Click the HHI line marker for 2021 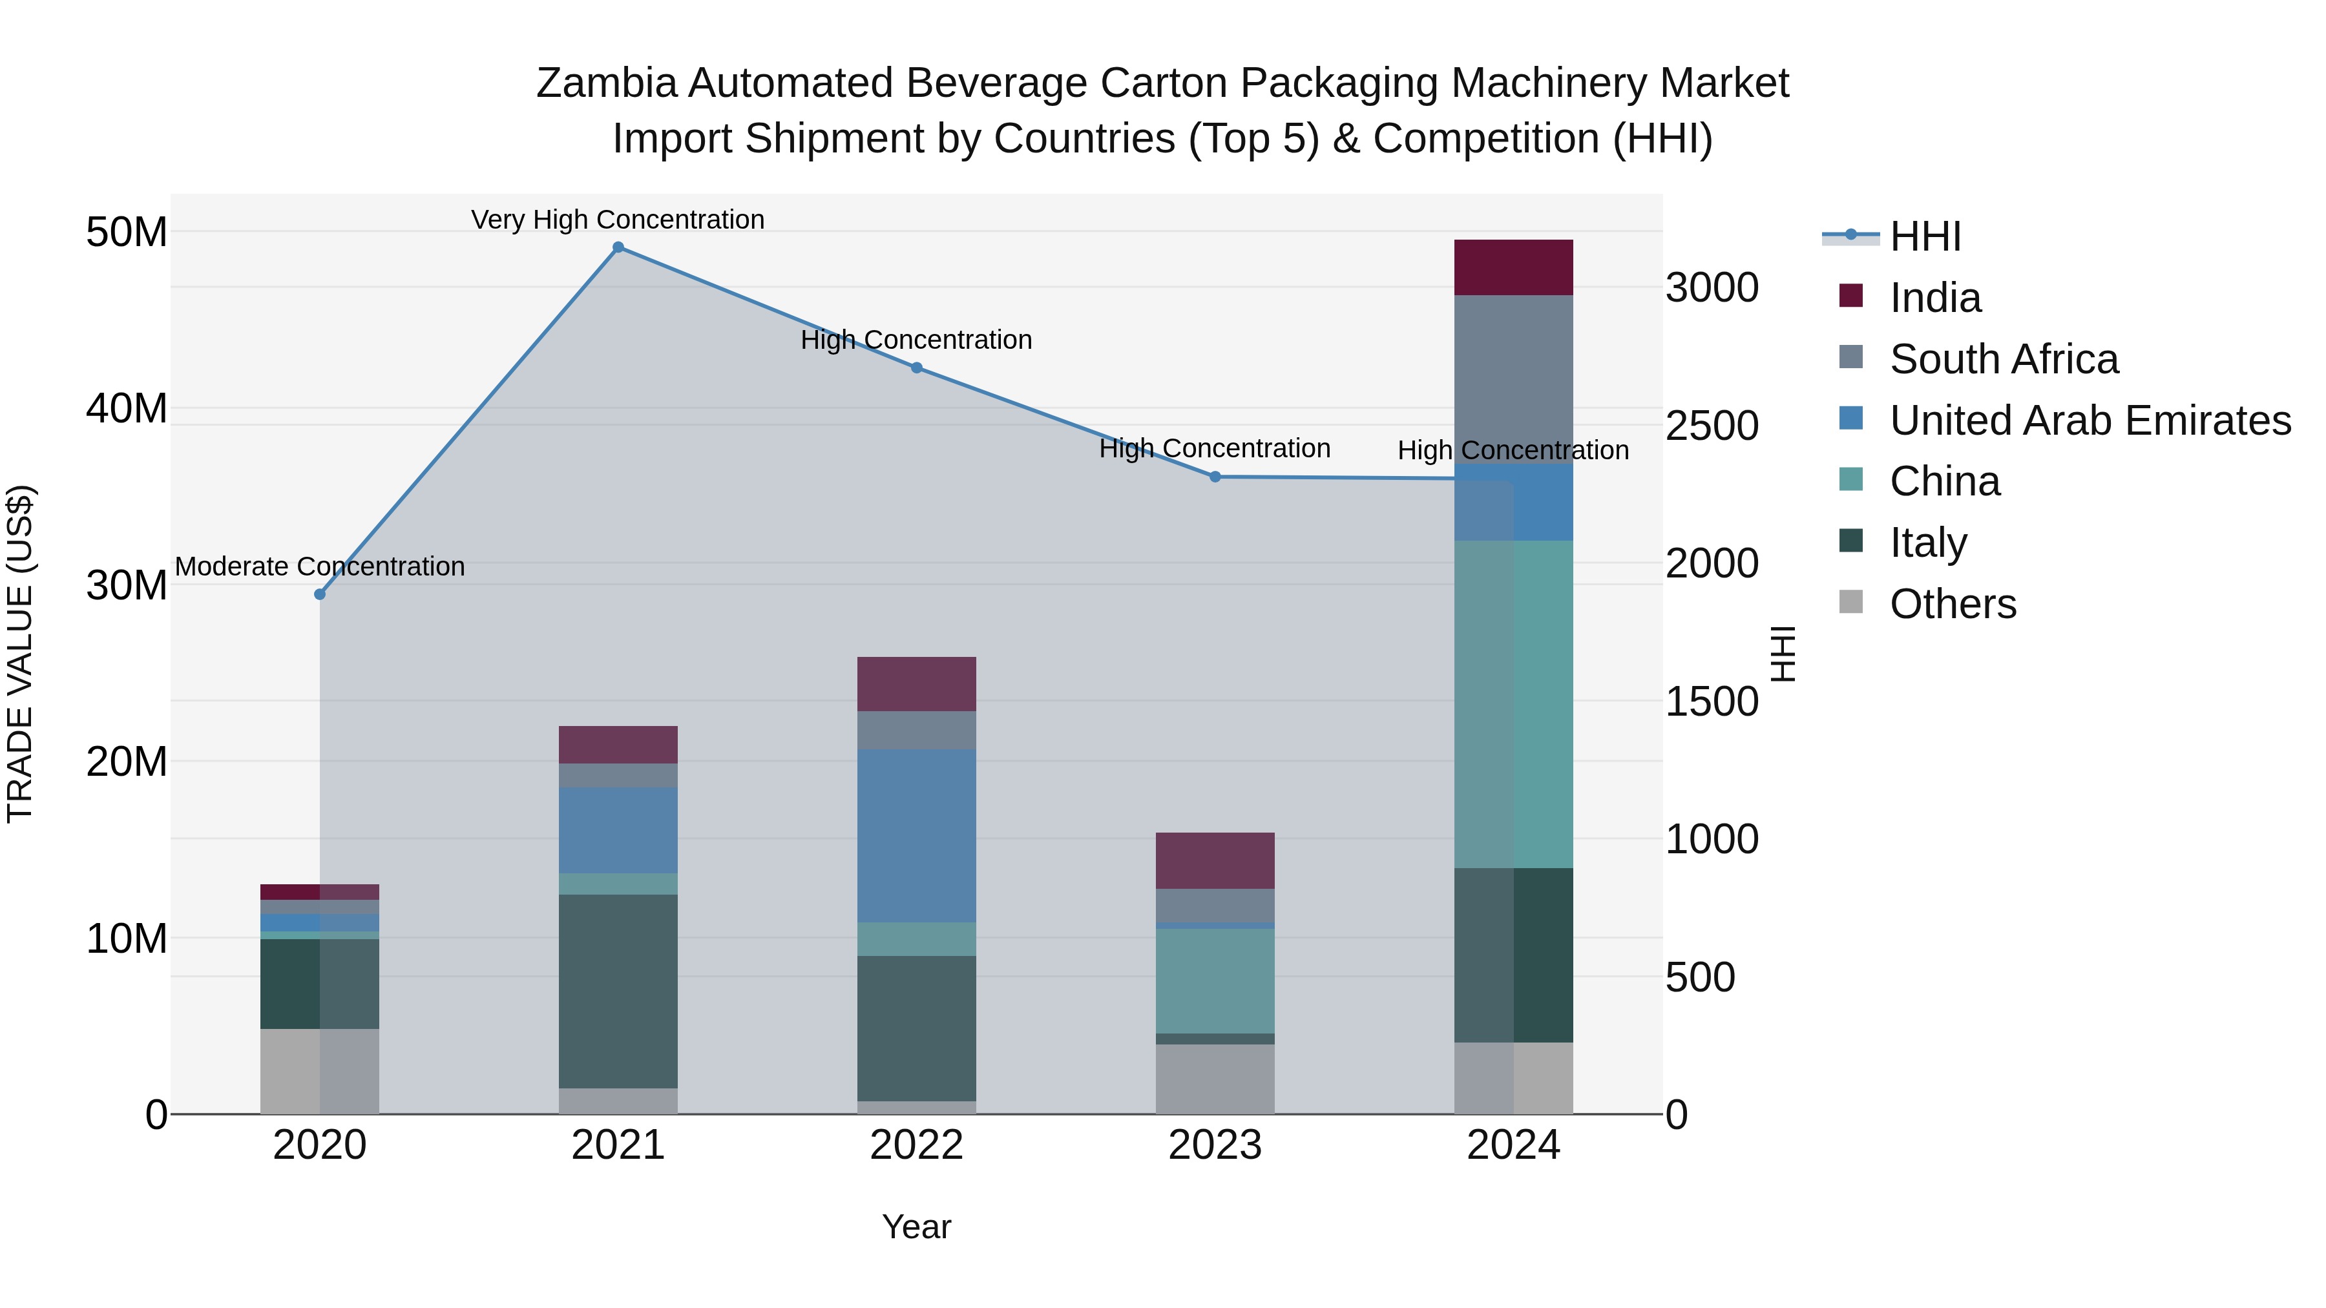tap(618, 247)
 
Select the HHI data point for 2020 tap(320, 594)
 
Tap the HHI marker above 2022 tap(916, 368)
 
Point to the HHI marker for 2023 tap(1215, 477)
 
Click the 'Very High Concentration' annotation tap(618, 220)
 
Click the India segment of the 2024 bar tap(1513, 267)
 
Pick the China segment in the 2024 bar tap(1513, 704)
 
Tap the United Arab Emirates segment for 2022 tap(916, 835)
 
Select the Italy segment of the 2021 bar tap(618, 991)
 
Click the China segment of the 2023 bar tap(1215, 981)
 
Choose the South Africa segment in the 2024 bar tap(1513, 379)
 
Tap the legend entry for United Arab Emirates tap(2090, 420)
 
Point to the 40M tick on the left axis tap(127, 409)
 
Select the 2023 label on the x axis tap(1215, 1145)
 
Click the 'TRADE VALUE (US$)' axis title tap(20, 654)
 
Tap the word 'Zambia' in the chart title tap(606, 83)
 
